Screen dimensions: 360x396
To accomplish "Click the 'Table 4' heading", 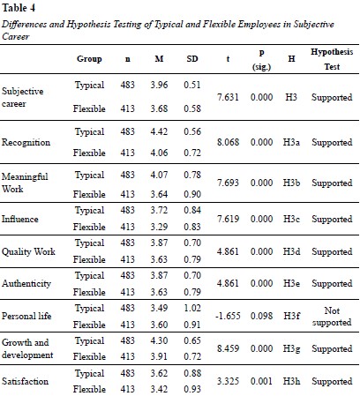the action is pyautogui.click(x=19, y=8).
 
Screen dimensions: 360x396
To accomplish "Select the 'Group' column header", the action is pyautogui.click(x=89, y=59).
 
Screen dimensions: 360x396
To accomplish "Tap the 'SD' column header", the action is pyautogui.click(x=192, y=59).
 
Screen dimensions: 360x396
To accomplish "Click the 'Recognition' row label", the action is pyautogui.click(x=26, y=143).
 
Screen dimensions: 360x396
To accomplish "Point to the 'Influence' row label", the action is pyautogui.click(x=20, y=219).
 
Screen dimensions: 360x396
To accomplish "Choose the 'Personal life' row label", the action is pyautogui.click(x=26, y=316).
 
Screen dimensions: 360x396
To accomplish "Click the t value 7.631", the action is pyautogui.click(x=228, y=97).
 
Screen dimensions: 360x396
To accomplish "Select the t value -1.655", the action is pyautogui.click(x=228, y=316).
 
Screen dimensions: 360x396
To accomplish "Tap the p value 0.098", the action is pyautogui.click(x=261, y=316).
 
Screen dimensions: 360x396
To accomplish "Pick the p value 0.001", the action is pyautogui.click(x=261, y=381).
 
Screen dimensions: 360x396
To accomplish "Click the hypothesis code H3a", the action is pyautogui.click(x=291, y=143).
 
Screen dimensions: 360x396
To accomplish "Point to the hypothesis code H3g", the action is pyautogui.click(x=291, y=349).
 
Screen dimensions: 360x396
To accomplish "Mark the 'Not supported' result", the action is pyautogui.click(x=332, y=317).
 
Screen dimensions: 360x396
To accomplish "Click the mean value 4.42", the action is pyautogui.click(x=159, y=131).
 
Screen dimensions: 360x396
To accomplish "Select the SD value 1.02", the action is pyautogui.click(x=192, y=308).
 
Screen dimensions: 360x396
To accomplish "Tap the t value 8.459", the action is pyautogui.click(x=228, y=348).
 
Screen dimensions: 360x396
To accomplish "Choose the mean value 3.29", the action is pyautogui.click(x=159, y=227).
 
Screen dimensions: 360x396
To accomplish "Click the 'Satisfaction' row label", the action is pyautogui.click(x=25, y=381).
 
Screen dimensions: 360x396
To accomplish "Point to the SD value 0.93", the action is pyautogui.click(x=192, y=389).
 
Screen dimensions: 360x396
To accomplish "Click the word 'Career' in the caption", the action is pyautogui.click(x=16, y=36).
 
